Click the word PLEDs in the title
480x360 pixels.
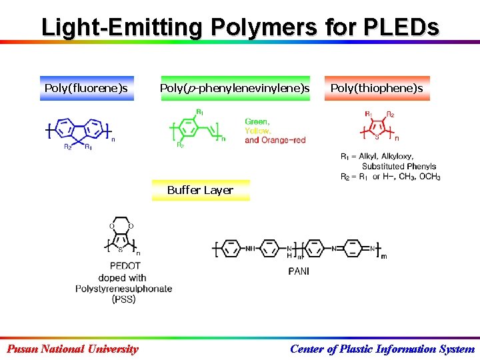click(x=401, y=27)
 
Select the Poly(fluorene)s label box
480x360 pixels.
click(x=86, y=88)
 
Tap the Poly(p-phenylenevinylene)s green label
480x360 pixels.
click(x=235, y=88)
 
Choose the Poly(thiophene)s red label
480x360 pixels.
click(x=377, y=88)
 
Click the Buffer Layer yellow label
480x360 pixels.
click(x=200, y=190)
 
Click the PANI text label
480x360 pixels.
click(x=298, y=271)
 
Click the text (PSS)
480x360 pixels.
click(x=123, y=299)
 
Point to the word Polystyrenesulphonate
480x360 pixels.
click(x=123, y=289)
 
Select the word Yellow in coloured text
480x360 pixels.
click(x=258, y=131)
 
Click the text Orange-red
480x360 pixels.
click(x=283, y=140)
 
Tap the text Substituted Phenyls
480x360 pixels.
click(x=399, y=166)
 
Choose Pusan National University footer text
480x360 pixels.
click(x=72, y=349)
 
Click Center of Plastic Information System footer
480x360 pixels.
click(x=383, y=349)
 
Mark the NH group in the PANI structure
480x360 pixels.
click(x=250, y=249)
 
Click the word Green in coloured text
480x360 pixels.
click(x=257, y=121)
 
